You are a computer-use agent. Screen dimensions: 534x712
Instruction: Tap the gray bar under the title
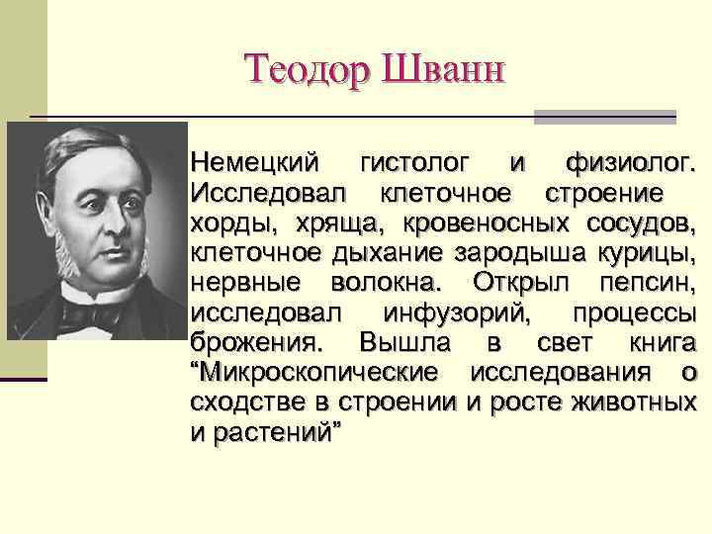point(604,117)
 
